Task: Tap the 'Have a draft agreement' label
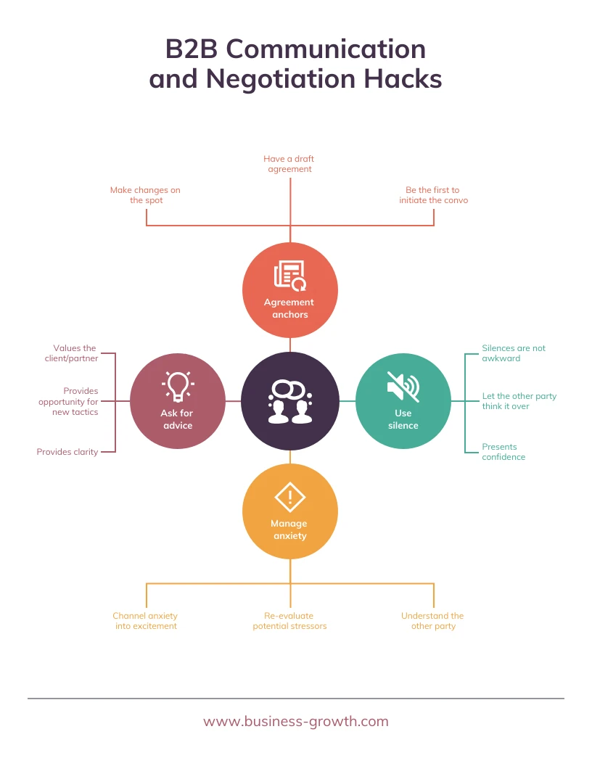pyautogui.click(x=289, y=164)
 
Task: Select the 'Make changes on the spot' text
pyautogui.click(x=146, y=195)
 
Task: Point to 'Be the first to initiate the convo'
pyautogui.click(x=433, y=195)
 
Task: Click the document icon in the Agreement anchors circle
pyautogui.click(x=289, y=276)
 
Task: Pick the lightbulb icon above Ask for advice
pyautogui.click(x=178, y=385)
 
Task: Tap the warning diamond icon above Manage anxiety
pyautogui.click(x=289, y=497)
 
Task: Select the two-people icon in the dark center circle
pyautogui.click(x=289, y=402)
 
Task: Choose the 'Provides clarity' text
pyautogui.click(x=67, y=452)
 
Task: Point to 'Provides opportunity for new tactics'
pyautogui.click(x=69, y=401)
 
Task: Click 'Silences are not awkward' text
pyautogui.click(x=513, y=353)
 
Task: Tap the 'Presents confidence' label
pyautogui.click(x=503, y=452)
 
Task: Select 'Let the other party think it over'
pyautogui.click(x=519, y=401)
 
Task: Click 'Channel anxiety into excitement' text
pyautogui.click(x=146, y=621)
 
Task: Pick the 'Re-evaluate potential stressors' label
pyautogui.click(x=289, y=621)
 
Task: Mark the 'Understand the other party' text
pyautogui.click(x=432, y=621)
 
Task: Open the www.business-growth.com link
pyautogui.click(x=296, y=721)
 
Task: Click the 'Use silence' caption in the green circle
pyautogui.click(x=403, y=419)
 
